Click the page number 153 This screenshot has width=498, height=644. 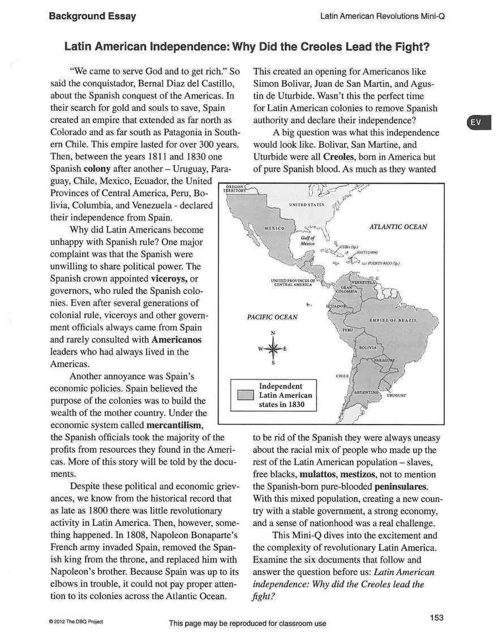[436, 617]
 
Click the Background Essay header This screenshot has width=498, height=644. [92, 16]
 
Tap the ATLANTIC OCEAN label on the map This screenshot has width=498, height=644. [398, 227]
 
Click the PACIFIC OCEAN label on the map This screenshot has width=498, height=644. [272, 317]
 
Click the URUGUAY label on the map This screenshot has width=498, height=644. [397, 396]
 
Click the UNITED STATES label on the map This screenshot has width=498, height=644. [306, 204]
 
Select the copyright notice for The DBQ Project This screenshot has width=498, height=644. [75, 621]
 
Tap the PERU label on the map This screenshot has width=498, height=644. [349, 329]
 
